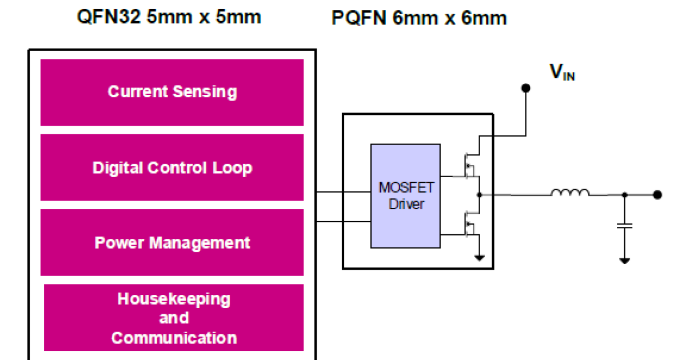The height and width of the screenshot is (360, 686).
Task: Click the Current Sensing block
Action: click(x=171, y=92)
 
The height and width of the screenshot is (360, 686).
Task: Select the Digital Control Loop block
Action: click(x=171, y=168)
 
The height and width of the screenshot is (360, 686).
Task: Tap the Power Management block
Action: click(x=171, y=243)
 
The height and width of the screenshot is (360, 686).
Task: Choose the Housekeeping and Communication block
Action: click(x=173, y=318)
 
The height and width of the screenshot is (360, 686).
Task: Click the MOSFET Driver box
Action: click(x=405, y=196)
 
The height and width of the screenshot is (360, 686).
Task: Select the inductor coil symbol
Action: click(x=570, y=194)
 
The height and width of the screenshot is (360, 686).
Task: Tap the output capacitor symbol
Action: click(x=625, y=225)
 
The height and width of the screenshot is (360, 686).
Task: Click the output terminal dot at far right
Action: click(x=657, y=194)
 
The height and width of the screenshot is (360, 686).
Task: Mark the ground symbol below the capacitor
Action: click(x=625, y=260)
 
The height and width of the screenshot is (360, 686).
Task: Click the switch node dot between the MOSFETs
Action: click(x=479, y=195)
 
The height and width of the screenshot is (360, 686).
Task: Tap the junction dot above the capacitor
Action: click(x=625, y=195)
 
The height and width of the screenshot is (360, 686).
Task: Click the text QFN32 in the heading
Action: click(x=109, y=17)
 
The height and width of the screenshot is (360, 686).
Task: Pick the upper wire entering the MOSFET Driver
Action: click(x=343, y=192)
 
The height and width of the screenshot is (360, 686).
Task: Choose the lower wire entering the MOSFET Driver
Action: click(x=343, y=222)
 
